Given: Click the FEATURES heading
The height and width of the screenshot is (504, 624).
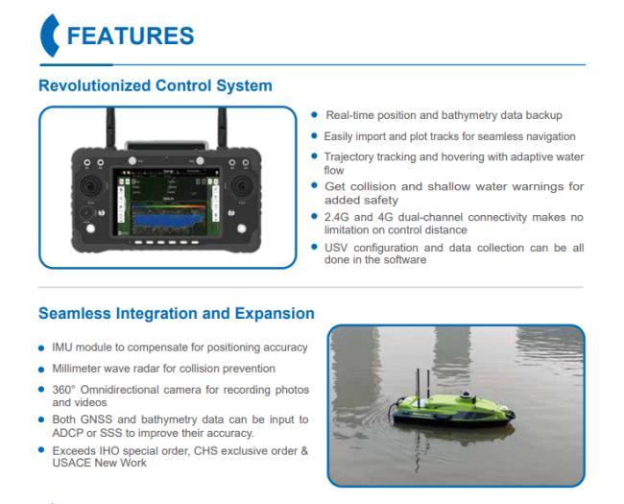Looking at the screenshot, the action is coord(131,36).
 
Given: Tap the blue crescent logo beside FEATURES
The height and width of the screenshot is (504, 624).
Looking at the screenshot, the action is coord(49,36).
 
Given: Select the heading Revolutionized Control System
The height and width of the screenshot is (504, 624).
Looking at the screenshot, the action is coord(156,85).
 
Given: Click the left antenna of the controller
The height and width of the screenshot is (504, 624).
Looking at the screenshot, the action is coord(110,127).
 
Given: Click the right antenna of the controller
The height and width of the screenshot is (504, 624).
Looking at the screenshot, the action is coord(222,127).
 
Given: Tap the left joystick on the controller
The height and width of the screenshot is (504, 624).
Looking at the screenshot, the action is coord(91,185).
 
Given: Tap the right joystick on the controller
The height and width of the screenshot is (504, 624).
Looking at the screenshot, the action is coord(242,185).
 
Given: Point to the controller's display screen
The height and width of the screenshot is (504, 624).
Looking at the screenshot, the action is coord(167,203).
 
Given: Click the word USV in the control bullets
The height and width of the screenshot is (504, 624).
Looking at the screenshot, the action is coord(336,248).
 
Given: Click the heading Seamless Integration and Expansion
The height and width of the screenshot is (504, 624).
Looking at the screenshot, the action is coord(177,313).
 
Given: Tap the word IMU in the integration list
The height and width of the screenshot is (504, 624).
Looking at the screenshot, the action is coord(62,348).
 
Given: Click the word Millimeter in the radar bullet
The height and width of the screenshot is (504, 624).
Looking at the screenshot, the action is coord(76,369).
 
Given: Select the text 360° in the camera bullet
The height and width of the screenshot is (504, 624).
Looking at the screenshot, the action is coord(63,390).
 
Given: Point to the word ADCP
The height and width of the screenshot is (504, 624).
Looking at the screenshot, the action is coord(67,433).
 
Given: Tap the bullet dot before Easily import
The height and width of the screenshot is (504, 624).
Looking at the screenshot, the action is coord(314,136).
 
